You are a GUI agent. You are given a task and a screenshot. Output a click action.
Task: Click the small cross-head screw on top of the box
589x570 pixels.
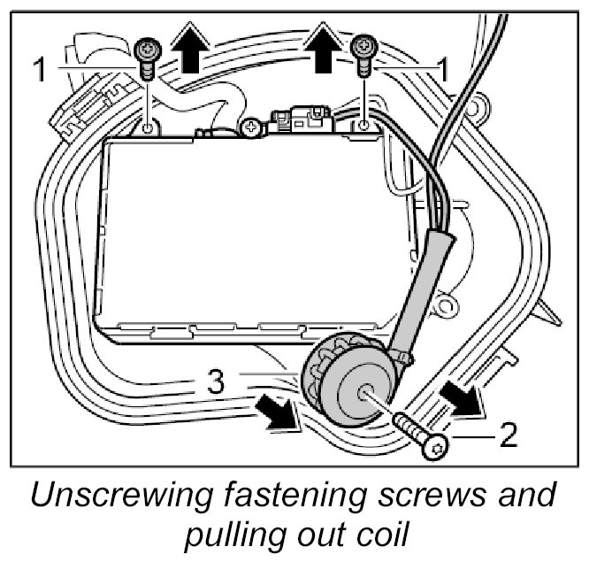(252, 128)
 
